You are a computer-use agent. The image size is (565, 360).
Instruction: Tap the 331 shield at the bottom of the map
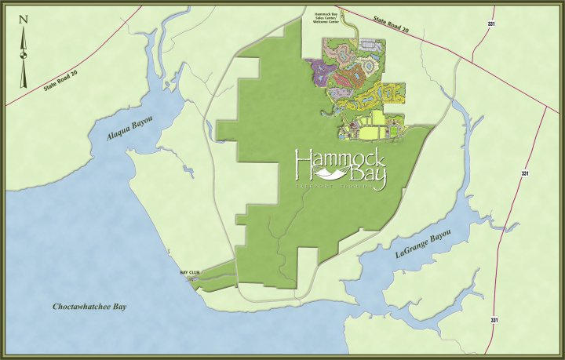pyautogui.click(x=494, y=320)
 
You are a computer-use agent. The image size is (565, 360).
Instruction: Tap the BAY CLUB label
pyautogui.click(x=190, y=272)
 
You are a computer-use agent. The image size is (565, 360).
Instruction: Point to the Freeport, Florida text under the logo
pyautogui.click(x=338, y=189)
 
